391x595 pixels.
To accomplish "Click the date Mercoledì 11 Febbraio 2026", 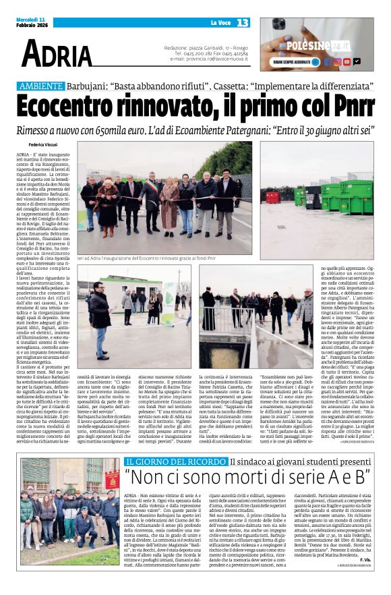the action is click(34, 23).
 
